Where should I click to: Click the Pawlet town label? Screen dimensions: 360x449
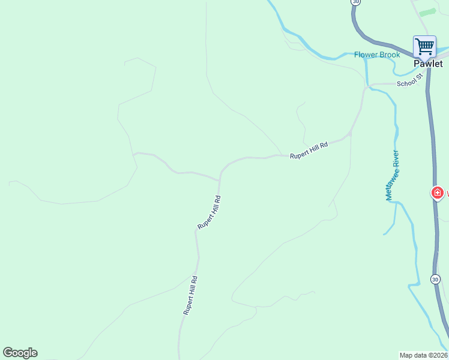(x=428, y=64)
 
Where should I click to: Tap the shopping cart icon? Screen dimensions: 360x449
(x=424, y=46)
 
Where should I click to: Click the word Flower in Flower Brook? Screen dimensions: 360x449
(x=366, y=55)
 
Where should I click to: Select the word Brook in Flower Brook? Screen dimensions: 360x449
(x=389, y=55)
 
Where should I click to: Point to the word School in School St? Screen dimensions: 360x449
(x=406, y=83)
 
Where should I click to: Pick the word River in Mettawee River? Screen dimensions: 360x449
(x=396, y=158)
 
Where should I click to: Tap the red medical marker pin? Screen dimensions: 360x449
(x=438, y=193)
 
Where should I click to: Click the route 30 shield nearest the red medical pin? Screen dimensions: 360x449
(x=435, y=279)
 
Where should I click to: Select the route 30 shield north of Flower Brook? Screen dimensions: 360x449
(x=356, y=2)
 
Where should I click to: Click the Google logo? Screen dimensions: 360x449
(x=20, y=353)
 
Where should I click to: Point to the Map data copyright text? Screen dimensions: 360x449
(x=424, y=355)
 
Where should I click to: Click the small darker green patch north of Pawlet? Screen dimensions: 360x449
(x=427, y=12)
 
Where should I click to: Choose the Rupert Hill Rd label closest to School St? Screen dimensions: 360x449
(x=309, y=150)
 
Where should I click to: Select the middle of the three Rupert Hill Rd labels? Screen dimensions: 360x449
(x=209, y=212)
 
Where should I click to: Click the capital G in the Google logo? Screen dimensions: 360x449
(x=7, y=353)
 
